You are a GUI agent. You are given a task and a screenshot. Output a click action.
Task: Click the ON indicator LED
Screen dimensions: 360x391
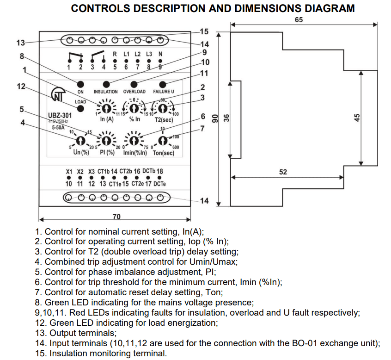click(x=80, y=84)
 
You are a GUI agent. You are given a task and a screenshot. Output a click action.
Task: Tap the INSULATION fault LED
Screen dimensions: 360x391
click(x=106, y=84)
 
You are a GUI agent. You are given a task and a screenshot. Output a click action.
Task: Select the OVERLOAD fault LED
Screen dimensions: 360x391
click(x=134, y=84)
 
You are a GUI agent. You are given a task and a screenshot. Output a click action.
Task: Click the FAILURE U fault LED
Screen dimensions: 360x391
click(x=163, y=84)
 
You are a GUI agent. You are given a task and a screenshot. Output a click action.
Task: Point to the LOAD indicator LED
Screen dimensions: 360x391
click(x=80, y=109)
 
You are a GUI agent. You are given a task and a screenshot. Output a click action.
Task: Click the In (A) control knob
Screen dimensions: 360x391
click(x=107, y=108)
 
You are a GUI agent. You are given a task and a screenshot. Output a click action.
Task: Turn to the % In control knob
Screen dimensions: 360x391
click(x=134, y=108)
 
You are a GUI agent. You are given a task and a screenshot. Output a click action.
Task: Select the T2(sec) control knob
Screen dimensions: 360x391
click(x=163, y=108)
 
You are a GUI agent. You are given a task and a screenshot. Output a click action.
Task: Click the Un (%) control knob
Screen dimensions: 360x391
click(x=80, y=140)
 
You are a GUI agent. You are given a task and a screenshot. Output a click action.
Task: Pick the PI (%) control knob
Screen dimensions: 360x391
click(x=107, y=140)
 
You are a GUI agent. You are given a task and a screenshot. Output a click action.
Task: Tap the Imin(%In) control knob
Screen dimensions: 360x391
click(x=134, y=140)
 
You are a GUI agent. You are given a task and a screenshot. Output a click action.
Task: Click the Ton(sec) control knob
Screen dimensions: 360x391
click(x=163, y=140)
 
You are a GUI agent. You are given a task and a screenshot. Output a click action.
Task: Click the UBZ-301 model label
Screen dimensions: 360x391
click(x=60, y=116)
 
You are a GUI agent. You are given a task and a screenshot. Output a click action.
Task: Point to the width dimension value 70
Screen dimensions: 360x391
click(x=117, y=216)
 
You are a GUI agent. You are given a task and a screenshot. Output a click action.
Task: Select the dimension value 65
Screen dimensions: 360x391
click(x=299, y=20)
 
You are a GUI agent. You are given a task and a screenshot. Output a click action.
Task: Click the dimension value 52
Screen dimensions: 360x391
click(x=283, y=172)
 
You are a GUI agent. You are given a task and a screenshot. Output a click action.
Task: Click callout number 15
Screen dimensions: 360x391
click(x=204, y=31)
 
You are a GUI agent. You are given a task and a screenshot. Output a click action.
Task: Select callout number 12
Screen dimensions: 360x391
click(x=20, y=87)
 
